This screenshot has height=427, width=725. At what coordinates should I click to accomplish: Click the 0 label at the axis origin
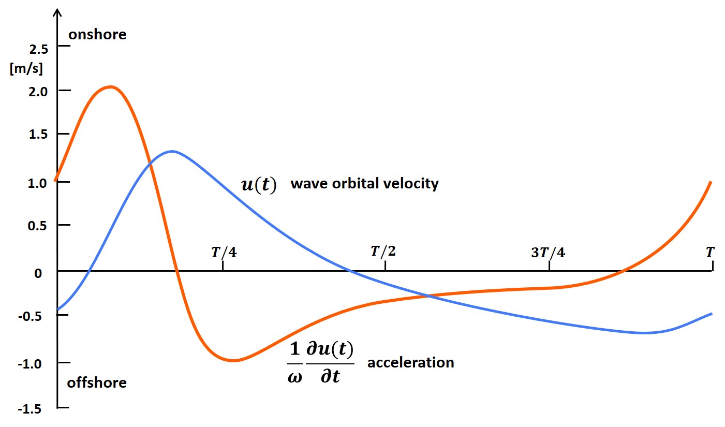coord(38,273)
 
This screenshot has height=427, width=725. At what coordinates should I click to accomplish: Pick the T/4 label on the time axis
coord(223,252)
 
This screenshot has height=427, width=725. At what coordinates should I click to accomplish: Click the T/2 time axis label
coord(383,252)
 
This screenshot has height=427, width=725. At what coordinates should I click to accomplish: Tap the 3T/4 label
coord(548,253)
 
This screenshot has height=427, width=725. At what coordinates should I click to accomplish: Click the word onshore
coord(97,35)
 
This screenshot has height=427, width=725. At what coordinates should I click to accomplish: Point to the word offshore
coord(97,383)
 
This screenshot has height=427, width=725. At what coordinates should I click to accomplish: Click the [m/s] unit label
coord(26,69)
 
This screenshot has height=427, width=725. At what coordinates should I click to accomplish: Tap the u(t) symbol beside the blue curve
coord(259,185)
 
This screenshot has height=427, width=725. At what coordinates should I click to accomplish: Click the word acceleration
coord(410,362)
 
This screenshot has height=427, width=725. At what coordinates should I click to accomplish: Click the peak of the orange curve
coord(111,87)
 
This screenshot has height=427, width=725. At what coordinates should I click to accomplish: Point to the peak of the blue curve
coord(172,151)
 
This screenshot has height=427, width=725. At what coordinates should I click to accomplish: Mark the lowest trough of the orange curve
coord(233,360)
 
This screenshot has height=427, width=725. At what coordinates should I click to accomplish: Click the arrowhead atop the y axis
coord(57,11)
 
